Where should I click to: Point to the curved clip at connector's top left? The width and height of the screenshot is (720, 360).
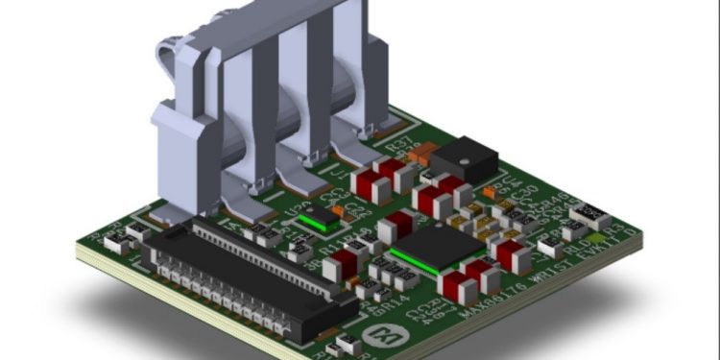pyautogui.click(x=173, y=53)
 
